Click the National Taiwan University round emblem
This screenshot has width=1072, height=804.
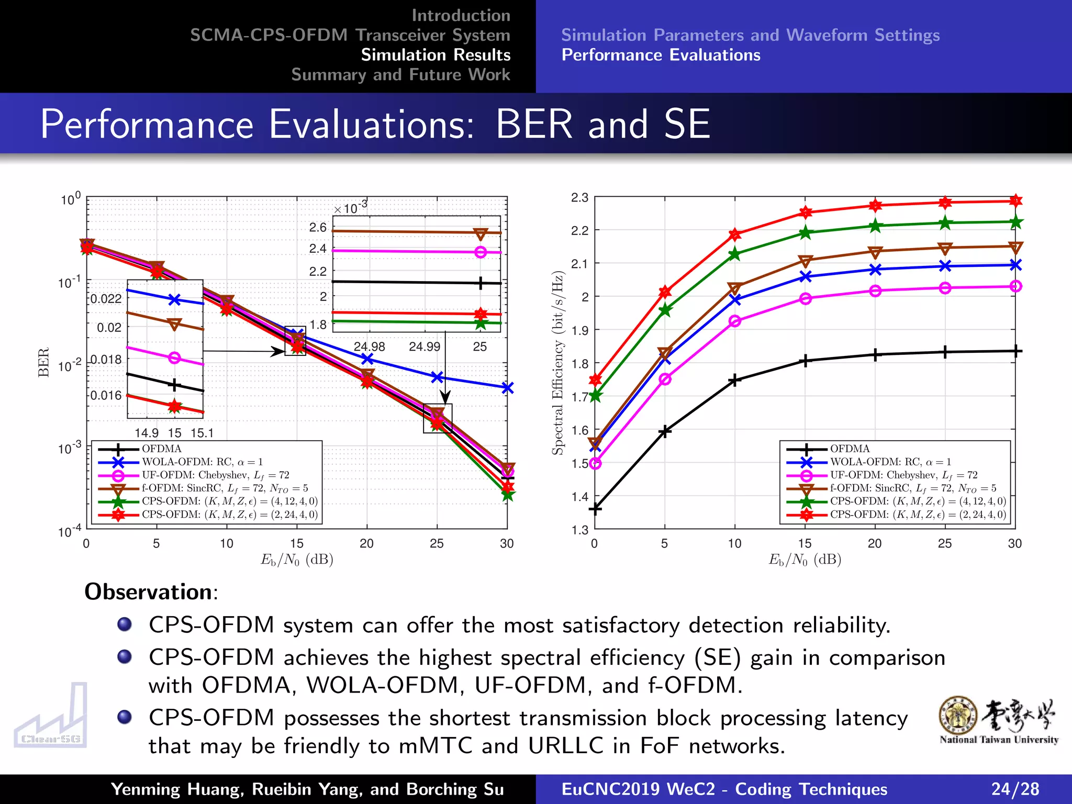pos(958,716)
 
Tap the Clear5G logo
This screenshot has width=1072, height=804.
pos(51,717)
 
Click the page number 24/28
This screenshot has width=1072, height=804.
pos(1015,789)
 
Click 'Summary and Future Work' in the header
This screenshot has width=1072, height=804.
pos(400,75)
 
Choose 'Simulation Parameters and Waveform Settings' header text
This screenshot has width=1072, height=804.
pos(750,35)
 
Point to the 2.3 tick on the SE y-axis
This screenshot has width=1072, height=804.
pos(579,198)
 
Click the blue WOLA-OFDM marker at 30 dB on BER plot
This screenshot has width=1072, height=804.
pos(507,388)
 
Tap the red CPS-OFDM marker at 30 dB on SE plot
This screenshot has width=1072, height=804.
pos(1015,200)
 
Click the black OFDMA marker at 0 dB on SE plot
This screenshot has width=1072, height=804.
pos(595,508)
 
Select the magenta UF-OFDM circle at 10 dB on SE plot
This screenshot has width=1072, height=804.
pos(735,321)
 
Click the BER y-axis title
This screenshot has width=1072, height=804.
pos(43,362)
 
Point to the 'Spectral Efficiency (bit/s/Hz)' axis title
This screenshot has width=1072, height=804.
pos(559,363)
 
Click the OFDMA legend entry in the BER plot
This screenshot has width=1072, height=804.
pos(161,449)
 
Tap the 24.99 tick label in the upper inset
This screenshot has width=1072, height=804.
pos(425,347)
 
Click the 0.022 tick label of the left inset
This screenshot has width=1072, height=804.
pos(106,299)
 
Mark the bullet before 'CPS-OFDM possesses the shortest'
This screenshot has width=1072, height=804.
pos(125,717)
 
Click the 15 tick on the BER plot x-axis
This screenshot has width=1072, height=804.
pos(297,543)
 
